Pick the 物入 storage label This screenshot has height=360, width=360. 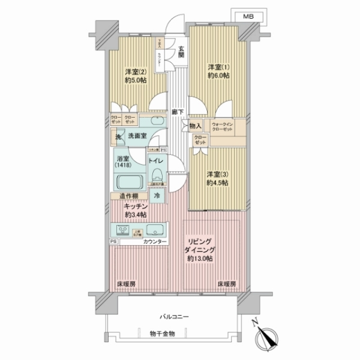[x=195, y=126]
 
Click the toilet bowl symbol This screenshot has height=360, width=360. [x=157, y=175]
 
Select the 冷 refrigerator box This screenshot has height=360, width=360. [x=157, y=195]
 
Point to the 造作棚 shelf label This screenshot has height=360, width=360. [x=128, y=196]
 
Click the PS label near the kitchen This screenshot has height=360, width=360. [x=113, y=242]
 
